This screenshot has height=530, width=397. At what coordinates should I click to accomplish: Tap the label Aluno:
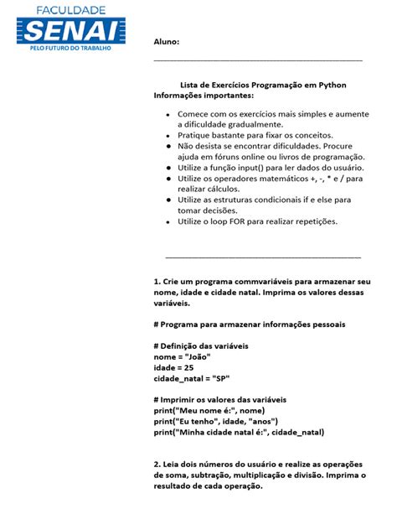pos(166,41)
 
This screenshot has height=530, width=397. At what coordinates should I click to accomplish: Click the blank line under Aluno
pos(258,60)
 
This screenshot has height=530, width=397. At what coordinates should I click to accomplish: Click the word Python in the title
pos(333,86)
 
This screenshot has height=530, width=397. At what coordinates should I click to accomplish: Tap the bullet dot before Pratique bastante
pos(168,135)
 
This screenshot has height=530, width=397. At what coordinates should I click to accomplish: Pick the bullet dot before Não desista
pos(168,146)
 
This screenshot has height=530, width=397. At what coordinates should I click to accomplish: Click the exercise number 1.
pos(157,281)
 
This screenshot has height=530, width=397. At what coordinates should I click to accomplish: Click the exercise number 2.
pos(157,465)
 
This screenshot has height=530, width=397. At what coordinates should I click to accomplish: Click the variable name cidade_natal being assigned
pos(178,378)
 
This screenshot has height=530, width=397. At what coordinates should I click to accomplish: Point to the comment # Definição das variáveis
pos(201,346)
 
